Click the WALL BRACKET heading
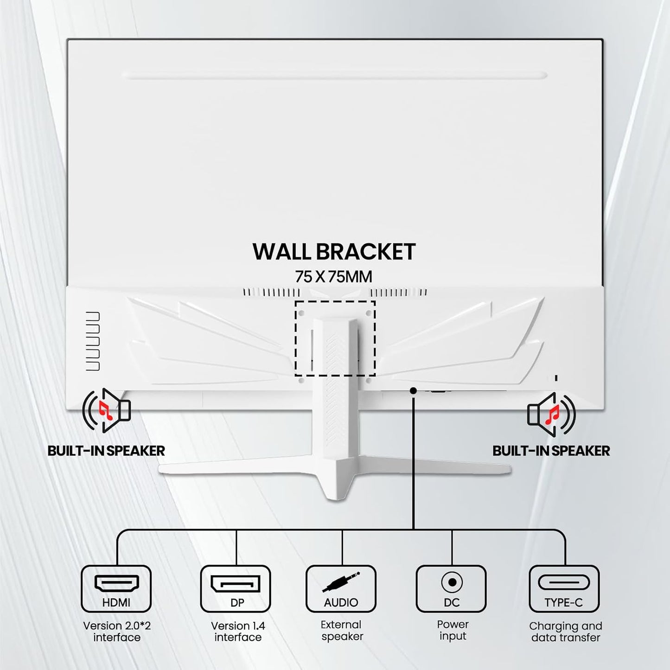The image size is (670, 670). [x=334, y=252]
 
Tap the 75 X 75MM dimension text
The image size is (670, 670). [x=334, y=277]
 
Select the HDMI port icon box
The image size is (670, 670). [x=116, y=588]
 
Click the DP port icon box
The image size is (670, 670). [x=236, y=588]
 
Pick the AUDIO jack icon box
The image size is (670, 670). [x=341, y=588]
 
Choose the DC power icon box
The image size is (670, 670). [x=451, y=588]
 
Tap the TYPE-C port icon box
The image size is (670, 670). [x=564, y=588]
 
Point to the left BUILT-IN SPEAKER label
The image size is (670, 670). [x=106, y=451]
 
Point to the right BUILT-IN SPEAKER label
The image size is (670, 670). [x=551, y=451]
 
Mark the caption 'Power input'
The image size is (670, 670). [x=453, y=630]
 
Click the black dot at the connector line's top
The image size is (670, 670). [x=413, y=391]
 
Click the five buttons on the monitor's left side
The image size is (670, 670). [x=93, y=341]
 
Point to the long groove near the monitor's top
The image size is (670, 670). [x=335, y=76]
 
